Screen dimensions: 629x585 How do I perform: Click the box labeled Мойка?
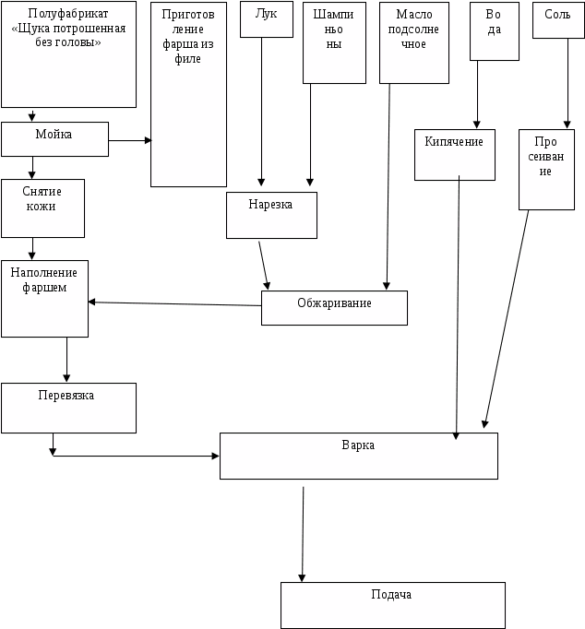[54, 138]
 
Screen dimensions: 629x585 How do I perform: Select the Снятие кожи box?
[42, 208]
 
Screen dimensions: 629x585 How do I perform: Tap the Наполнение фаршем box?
[44, 298]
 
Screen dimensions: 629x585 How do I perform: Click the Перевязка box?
[68, 408]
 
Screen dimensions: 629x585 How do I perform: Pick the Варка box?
[358, 456]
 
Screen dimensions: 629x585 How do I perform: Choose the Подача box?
[392, 604]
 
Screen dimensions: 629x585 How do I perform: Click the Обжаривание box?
[334, 308]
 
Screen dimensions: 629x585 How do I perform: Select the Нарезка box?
[271, 215]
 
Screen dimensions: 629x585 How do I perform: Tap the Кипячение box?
[454, 153]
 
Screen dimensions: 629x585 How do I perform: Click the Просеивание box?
[545, 170]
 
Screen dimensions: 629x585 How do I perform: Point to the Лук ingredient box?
[266, 19]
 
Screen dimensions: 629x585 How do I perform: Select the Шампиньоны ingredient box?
[334, 42]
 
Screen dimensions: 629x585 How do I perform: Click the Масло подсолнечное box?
[413, 42]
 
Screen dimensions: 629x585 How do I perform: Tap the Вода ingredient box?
[494, 31]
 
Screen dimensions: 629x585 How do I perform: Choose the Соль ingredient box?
[557, 19]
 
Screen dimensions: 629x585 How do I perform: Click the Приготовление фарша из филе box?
[188, 94]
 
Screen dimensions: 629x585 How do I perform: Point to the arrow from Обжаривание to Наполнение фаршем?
[175, 303]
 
